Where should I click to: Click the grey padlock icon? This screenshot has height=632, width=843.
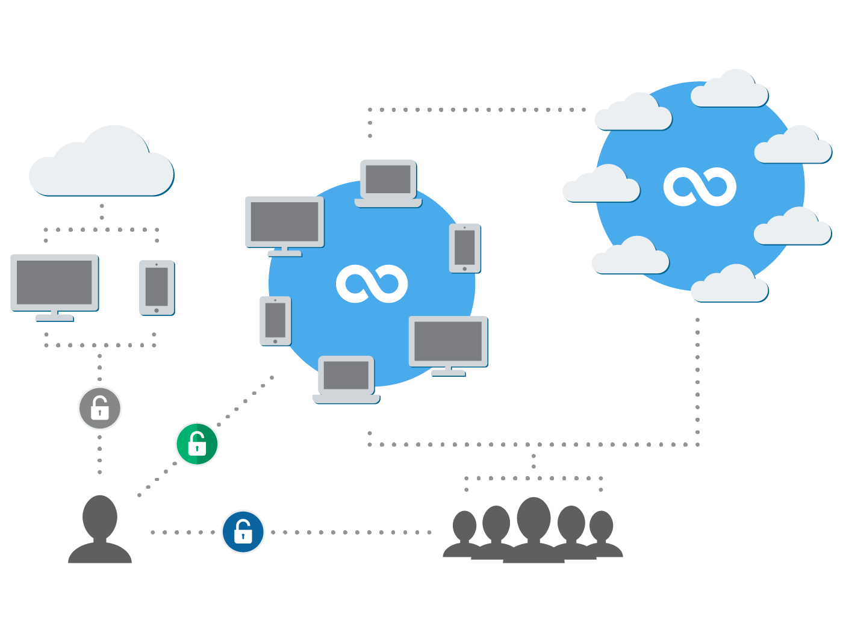(x=99, y=408)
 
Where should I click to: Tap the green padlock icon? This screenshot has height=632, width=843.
(x=197, y=444)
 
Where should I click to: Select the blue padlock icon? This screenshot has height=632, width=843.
(x=243, y=531)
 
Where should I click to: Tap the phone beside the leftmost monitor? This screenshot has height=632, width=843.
(x=157, y=287)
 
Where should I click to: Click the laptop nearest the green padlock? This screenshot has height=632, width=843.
(x=346, y=379)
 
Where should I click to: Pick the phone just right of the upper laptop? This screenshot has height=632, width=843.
(x=464, y=248)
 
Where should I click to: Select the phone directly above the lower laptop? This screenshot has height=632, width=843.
(x=275, y=321)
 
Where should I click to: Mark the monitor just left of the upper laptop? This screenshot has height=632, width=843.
(x=284, y=225)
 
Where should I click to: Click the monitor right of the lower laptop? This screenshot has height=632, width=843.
(x=448, y=344)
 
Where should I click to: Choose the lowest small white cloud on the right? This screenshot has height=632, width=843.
(x=729, y=285)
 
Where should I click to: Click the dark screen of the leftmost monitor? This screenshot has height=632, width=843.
(x=54, y=282)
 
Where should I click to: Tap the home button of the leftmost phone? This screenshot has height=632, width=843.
(x=157, y=311)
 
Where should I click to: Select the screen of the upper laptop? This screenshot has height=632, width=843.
(x=388, y=179)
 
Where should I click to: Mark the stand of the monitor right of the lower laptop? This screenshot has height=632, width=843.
(x=448, y=371)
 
